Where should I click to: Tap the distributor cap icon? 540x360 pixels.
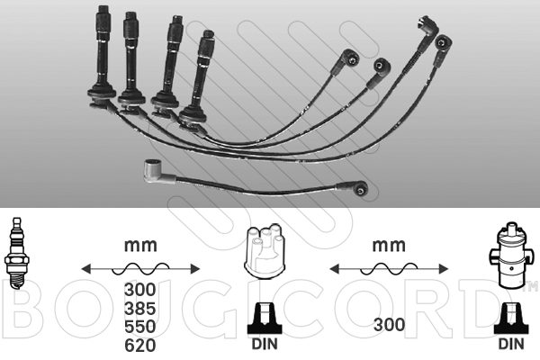(265, 251)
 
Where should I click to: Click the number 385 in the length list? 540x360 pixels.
(139, 309)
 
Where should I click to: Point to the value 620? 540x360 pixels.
(139, 346)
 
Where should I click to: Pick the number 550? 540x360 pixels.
(139, 327)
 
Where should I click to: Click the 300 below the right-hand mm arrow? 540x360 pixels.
(389, 325)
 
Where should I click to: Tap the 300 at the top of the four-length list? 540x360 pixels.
(139, 290)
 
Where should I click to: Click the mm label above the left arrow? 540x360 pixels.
(140, 246)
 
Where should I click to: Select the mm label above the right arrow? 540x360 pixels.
(389, 246)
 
